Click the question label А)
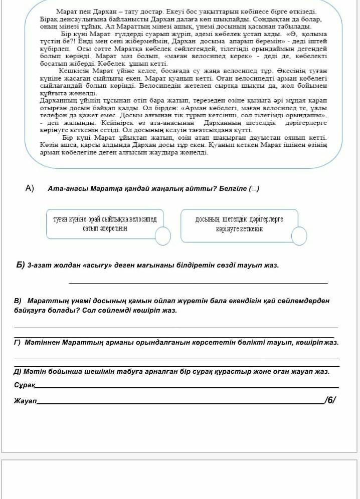[29, 188]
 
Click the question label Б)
[21, 265]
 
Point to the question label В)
[19, 301]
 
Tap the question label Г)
[18, 343]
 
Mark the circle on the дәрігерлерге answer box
[299, 235]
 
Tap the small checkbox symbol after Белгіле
[254, 189]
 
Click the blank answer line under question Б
[198, 282]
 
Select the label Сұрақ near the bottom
[24, 384]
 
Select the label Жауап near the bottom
[25, 401]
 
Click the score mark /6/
[330, 400]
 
